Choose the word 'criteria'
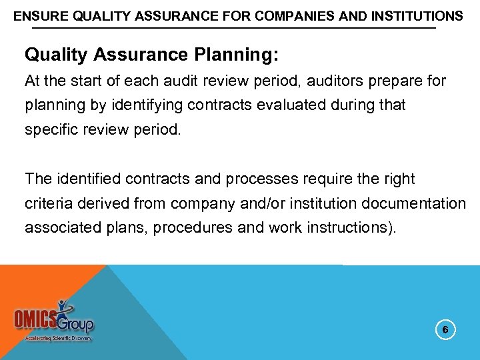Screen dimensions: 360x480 (49, 203)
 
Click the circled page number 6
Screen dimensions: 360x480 (445, 329)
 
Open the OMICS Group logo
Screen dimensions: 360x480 (55, 319)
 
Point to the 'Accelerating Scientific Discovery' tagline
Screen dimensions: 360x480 (59, 338)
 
